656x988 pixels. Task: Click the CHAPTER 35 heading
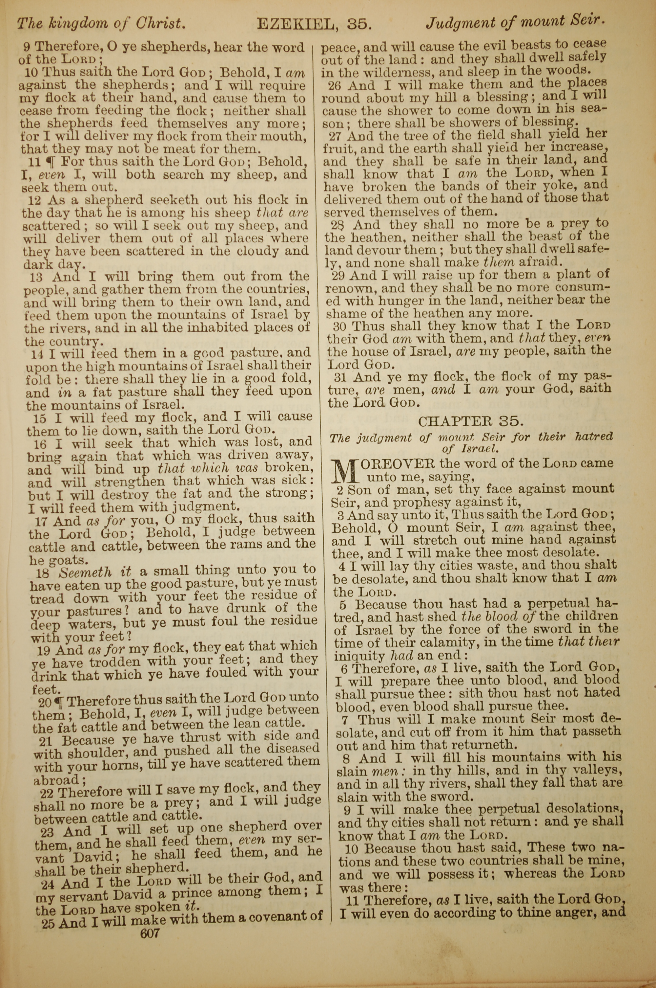click(x=471, y=420)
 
